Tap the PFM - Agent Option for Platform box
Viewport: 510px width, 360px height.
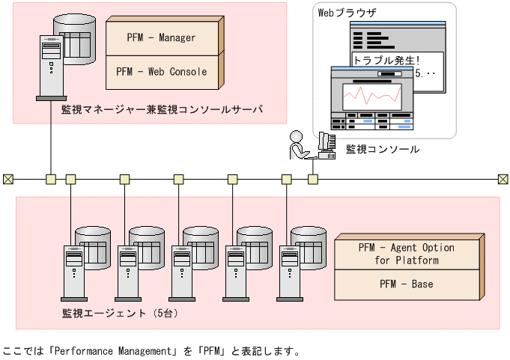click(x=406, y=254)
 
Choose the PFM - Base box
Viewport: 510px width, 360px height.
click(x=406, y=285)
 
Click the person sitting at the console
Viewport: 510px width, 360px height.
click(x=298, y=144)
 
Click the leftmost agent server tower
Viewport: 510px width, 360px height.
click(x=73, y=269)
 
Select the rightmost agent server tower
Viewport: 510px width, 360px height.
click(x=289, y=269)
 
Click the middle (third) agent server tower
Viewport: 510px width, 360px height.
click(x=181, y=269)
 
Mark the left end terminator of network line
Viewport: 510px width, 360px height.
click(x=7, y=179)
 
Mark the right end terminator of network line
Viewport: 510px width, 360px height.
click(x=503, y=179)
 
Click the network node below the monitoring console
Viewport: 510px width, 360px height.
click(x=313, y=179)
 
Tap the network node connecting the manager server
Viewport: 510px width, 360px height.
click(x=51, y=179)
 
